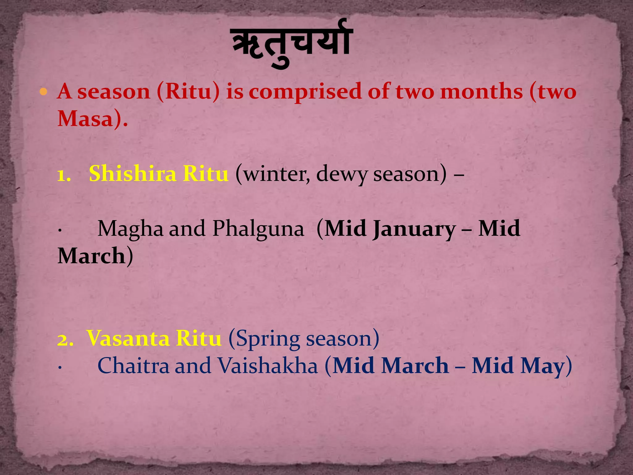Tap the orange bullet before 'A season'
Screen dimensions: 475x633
(44, 92)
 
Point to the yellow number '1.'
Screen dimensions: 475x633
(64, 175)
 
